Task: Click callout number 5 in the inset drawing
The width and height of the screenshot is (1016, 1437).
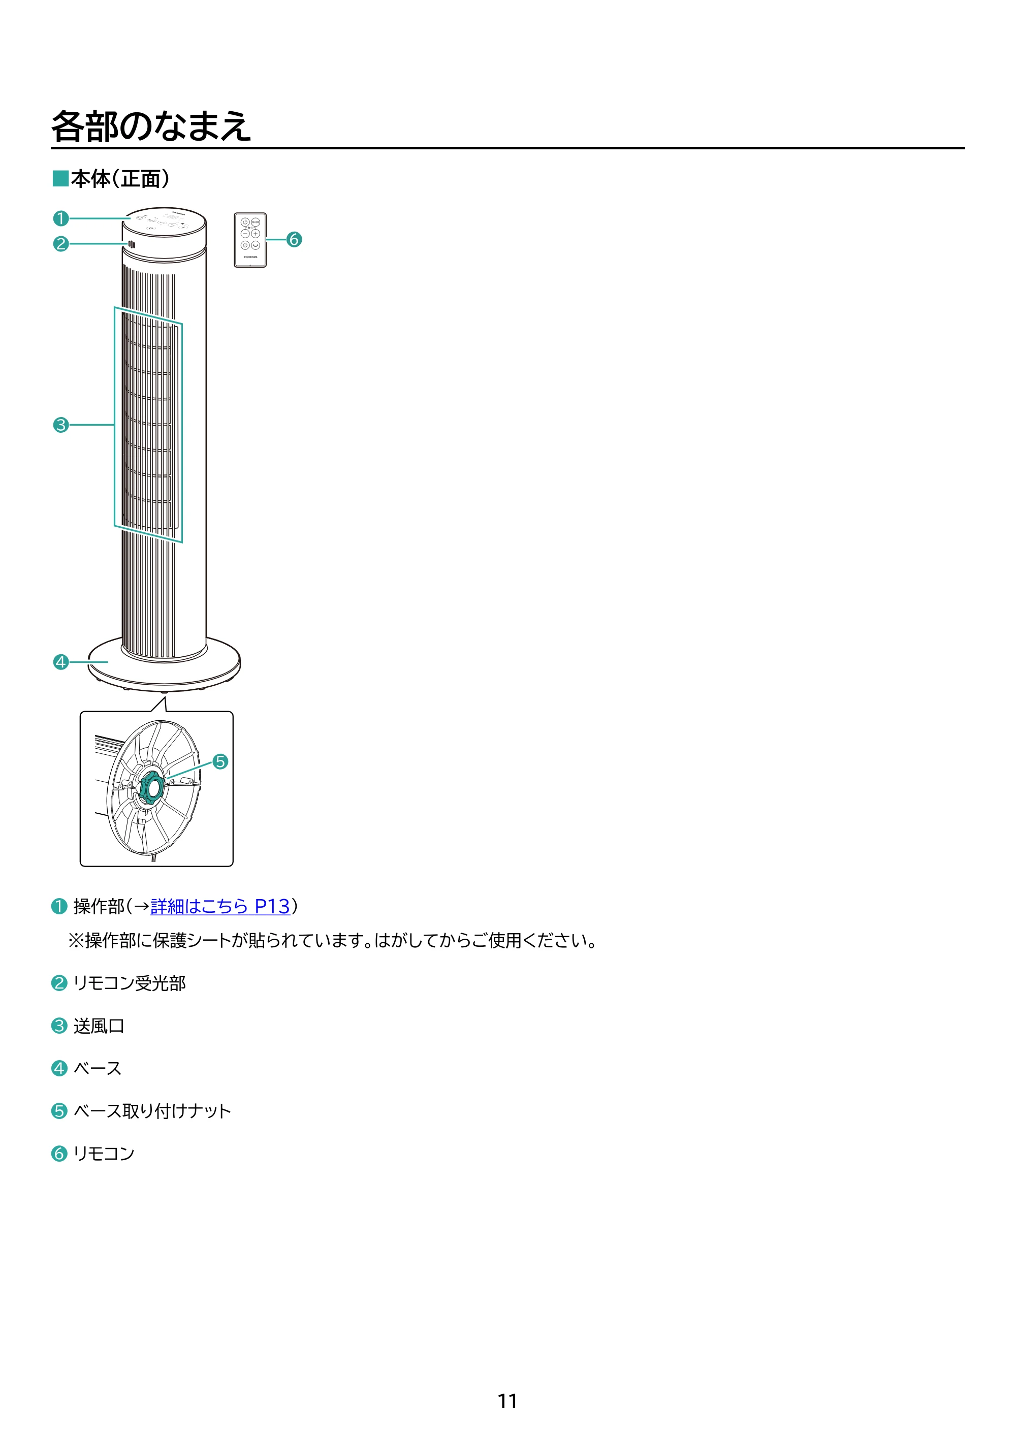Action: [x=220, y=762]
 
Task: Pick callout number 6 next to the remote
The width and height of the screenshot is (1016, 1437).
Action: [x=294, y=239]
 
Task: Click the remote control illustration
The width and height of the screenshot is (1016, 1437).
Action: [x=250, y=240]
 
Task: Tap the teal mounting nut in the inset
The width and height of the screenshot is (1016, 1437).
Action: [x=151, y=787]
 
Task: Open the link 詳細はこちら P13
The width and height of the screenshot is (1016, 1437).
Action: [x=220, y=906]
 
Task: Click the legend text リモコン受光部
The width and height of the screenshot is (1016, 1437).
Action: [x=130, y=983]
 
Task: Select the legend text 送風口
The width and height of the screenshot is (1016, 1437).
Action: [x=99, y=1026]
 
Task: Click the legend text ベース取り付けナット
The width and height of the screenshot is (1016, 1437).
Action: [x=152, y=1111]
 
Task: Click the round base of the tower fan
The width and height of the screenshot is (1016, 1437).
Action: [x=164, y=665]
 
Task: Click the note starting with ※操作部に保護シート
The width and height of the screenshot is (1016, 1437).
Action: [x=332, y=941]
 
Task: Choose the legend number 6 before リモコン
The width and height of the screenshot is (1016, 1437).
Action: [x=59, y=1154]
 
